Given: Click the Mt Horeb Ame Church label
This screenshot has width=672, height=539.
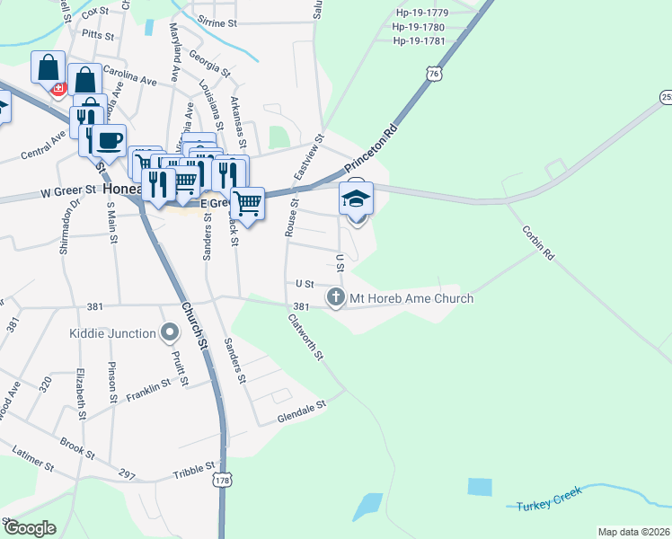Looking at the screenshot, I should [x=412, y=298].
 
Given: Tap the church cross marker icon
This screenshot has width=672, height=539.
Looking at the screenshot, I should [x=336, y=296].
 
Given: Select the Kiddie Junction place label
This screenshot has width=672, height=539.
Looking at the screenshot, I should [x=112, y=333].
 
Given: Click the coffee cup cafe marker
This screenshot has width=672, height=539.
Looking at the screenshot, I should [x=111, y=141].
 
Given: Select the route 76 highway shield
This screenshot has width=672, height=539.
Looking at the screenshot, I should [x=435, y=74].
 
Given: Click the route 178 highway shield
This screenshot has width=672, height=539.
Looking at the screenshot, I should [x=221, y=482].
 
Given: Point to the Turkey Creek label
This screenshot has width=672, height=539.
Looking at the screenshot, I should [x=549, y=499].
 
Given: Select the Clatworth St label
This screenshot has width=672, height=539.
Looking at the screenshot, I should [x=306, y=337].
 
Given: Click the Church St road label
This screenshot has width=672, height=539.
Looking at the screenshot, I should [x=191, y=327].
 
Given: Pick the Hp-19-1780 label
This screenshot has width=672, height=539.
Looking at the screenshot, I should [x=419, y=27].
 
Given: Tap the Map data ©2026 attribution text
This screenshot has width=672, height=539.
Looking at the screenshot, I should [x=633, y=532].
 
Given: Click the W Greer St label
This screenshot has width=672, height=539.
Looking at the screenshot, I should [x=68, y=191].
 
